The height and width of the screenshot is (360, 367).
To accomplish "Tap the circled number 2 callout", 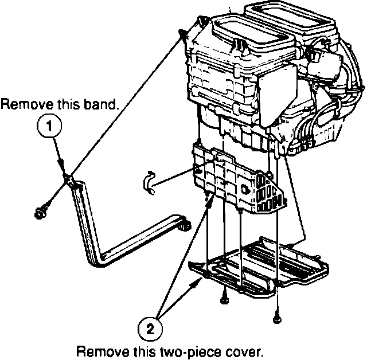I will (150, 328).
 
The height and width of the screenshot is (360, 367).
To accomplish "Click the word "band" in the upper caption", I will (104, 105).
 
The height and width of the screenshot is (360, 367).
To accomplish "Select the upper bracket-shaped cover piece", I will (235, 181).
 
